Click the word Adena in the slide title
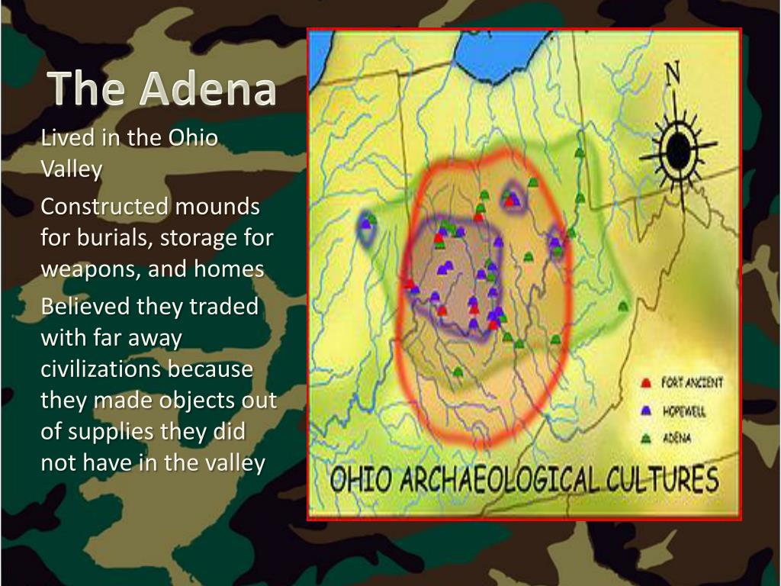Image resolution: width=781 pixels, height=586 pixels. pyautogui.click(x=207, y=89)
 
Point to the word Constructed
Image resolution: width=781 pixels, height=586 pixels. pyautogui.click(x=104, y=207)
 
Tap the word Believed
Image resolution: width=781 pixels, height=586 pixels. pyautogui.click(x=85, y=307)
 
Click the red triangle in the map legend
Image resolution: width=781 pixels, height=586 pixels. pyautogui.click(x=646, y=383)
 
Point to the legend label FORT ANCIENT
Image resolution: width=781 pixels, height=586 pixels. pyautogui.click(x=692, y=382)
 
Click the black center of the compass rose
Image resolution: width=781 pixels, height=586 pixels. pyautogui.click(x=677, y=150)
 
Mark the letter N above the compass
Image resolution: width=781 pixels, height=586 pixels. pyautogui.click(x=672, y=74)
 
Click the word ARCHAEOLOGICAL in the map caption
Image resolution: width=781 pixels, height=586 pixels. pyautogui.click(x=505, y=480)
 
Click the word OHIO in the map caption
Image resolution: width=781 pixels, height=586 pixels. pyautogui.click(x=360, y=481)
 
